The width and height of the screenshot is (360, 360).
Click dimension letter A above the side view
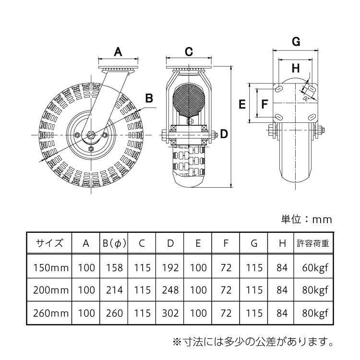pyautogui.click(x=118, y=50)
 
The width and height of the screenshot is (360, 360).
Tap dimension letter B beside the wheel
pyautogui.click(x=149, y=98)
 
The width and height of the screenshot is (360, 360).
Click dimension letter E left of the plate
pyautogui.click(x=242, y=103)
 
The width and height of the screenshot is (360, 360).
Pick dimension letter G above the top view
pyautogui.click(x=296, y=42)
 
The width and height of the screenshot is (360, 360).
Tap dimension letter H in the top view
pyautogui.click(x=296, y=67)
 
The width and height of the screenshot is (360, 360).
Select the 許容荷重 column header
pyautogui.click(x=312, y=243)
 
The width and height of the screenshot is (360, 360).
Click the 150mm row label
pyautogui.click(x=49, y=267)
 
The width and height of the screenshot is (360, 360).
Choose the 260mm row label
pyautogui.click(x=49, y=313)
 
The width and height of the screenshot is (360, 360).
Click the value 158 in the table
pyautogui.click(x=114, y=267)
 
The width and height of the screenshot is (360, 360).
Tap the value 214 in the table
pyautogui.click(x=114, y=290)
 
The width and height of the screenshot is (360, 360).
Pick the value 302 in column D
pyautogui.click(x=170, y=313)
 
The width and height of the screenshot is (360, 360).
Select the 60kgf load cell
pyautogui.click(x=312, y=267)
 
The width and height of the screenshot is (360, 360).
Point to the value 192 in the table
pyautogui.click(x=170, y=267)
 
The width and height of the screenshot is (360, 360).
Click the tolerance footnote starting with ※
pyautogui.click(x=252, y=342)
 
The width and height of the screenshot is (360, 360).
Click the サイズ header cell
pyautogui.click(x=49, y=243)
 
